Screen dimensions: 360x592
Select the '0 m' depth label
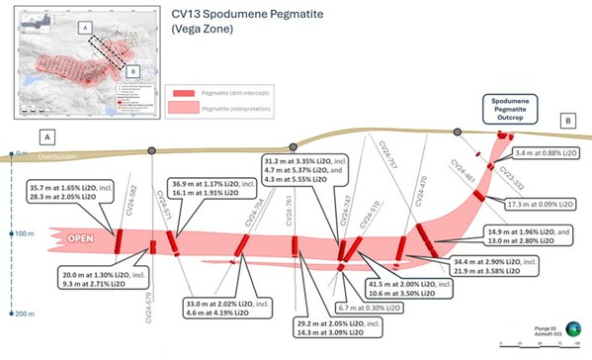click(x=21, y=152)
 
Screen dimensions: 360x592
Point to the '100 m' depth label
click(x=19, y=233)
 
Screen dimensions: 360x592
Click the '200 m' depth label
click(x=19, y=313)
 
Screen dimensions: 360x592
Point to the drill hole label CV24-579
click(x=147, y=303)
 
